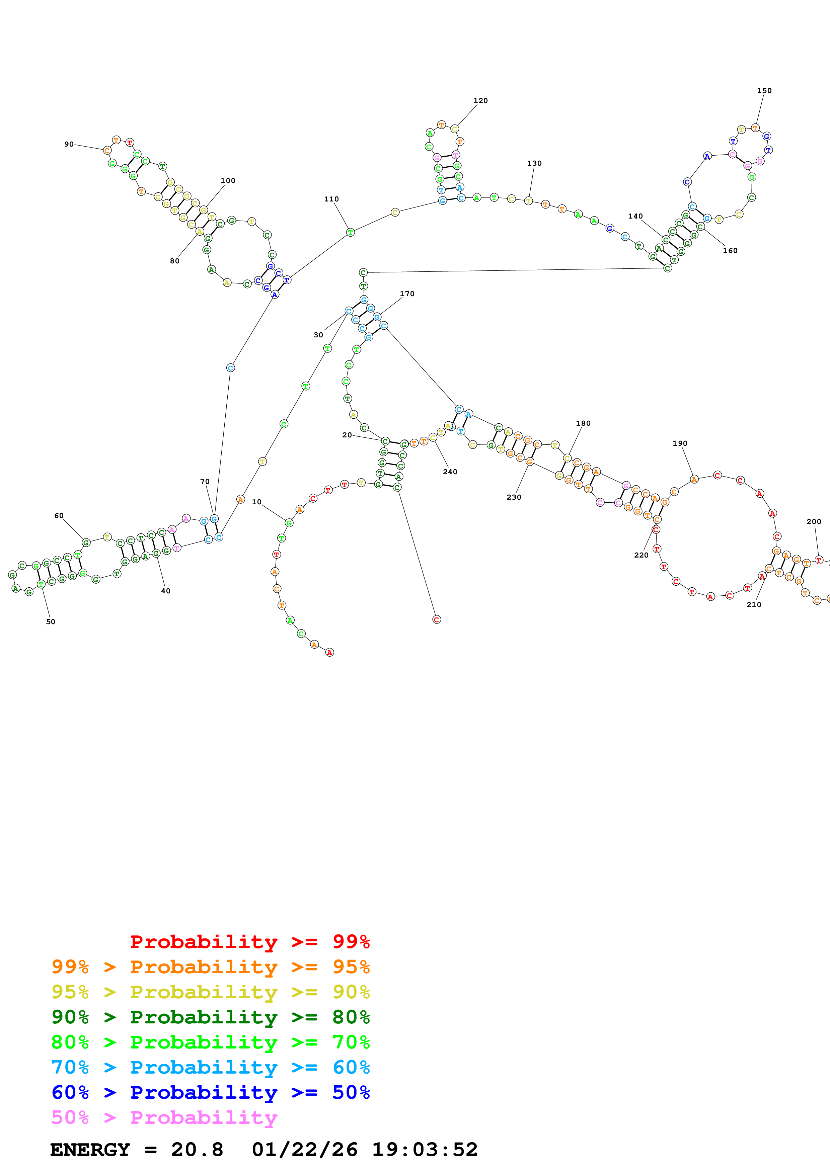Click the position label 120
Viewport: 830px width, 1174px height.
coord(480,101)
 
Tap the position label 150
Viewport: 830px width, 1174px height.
coord(764,90)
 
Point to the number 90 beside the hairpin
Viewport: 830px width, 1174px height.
coord(69,144)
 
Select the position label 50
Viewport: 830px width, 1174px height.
coord(51,622)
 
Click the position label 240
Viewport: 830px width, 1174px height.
coord(450,472)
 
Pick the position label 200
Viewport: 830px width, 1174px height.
coord(814,521)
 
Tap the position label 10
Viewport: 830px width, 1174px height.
coord(257,502)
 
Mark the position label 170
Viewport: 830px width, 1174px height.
coord(407,293)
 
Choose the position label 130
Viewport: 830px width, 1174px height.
coord(534,163)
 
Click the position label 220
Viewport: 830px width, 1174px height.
coord(641,555)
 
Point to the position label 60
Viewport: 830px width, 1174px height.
coord(59,515)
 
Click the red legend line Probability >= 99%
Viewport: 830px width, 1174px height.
coord(249,941)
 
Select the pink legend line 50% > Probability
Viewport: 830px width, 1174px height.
coord(164,1118)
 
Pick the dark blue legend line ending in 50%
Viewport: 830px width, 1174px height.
coord(210,1093)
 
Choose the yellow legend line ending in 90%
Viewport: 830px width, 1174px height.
coord(210,992)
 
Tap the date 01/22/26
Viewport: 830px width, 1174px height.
coord(304,1150)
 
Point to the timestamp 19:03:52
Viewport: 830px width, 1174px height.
coord(425,1150)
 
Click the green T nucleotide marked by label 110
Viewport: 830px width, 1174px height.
coord(350,233)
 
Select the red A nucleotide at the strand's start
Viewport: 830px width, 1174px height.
coord(330,653)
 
